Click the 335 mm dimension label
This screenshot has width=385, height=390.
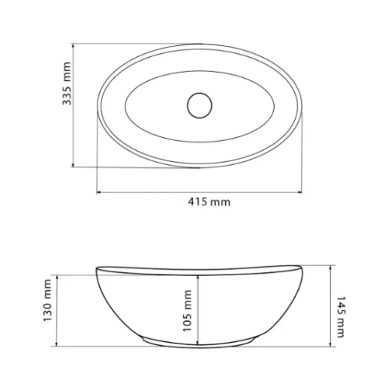(67, 83)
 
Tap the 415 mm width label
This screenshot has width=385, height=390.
(209, 202)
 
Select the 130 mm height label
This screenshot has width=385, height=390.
(47, 301)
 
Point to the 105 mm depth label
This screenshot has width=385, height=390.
(187, 311)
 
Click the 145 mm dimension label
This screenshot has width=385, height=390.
(341, 317)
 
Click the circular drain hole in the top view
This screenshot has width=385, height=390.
(200, 105)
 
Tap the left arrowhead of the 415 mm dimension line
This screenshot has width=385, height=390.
(98, 192)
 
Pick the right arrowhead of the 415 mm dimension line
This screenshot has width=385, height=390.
(299, 192)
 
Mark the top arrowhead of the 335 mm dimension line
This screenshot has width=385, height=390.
(73, 46)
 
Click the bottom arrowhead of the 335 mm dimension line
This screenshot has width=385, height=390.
(73, 165)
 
